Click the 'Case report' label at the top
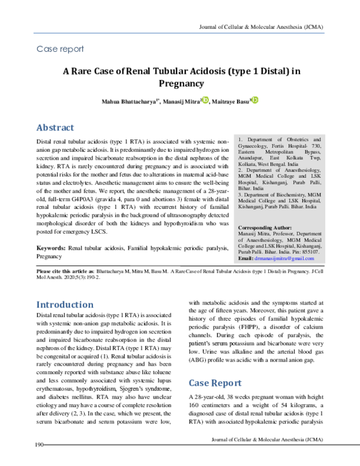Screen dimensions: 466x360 pos(60,49)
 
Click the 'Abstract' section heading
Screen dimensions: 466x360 pos(55,127)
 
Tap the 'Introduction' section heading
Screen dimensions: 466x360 pos(65,304)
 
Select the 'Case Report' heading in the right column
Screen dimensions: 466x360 pos(215,383)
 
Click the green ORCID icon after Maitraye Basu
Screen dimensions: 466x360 pos(254,100)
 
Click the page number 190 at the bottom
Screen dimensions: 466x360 pos(40,461)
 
